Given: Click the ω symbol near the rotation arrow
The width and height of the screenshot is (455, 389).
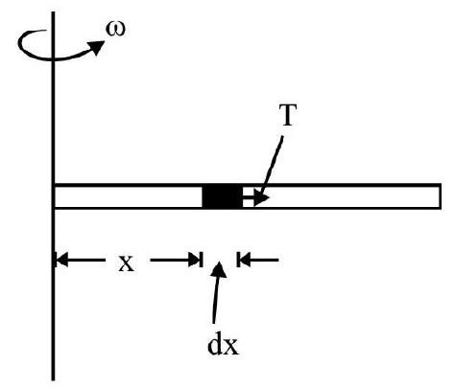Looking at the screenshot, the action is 115,30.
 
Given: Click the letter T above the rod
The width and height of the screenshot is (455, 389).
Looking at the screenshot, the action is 287,115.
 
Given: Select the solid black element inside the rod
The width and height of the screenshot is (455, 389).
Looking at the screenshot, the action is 223,196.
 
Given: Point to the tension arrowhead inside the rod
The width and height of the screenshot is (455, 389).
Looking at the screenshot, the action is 262,198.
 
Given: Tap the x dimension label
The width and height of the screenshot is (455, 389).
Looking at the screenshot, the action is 127,263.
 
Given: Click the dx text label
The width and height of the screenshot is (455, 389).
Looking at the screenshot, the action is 224,345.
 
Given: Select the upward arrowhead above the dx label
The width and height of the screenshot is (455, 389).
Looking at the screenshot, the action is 219,270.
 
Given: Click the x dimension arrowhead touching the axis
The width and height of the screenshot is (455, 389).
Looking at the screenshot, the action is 61,260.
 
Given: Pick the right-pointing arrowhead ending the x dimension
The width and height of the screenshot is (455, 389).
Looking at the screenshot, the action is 194,260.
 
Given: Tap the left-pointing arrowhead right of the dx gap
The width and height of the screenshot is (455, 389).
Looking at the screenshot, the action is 245,260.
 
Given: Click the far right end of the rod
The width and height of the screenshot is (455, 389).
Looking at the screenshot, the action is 441,196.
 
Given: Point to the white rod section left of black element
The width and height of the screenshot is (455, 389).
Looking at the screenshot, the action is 129,196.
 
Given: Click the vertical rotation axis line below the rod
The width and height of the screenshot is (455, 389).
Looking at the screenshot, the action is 53,294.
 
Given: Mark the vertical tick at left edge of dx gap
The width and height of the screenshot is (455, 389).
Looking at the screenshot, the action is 202,260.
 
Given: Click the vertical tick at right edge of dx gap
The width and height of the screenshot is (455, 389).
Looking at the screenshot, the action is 238,260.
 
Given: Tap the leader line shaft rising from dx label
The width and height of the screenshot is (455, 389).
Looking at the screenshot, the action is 215,300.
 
